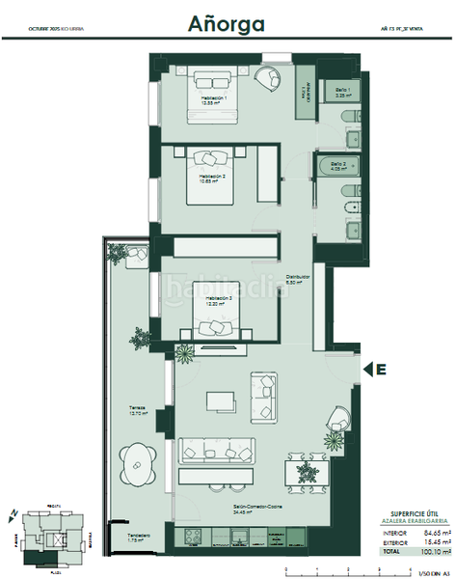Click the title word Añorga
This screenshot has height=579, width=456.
click(x=228, y=22)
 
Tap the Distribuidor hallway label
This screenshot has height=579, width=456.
click(x=296, y=279)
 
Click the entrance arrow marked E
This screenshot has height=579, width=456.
click(x=375, y=368)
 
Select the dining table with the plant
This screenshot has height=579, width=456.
click(x=307, y=473)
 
